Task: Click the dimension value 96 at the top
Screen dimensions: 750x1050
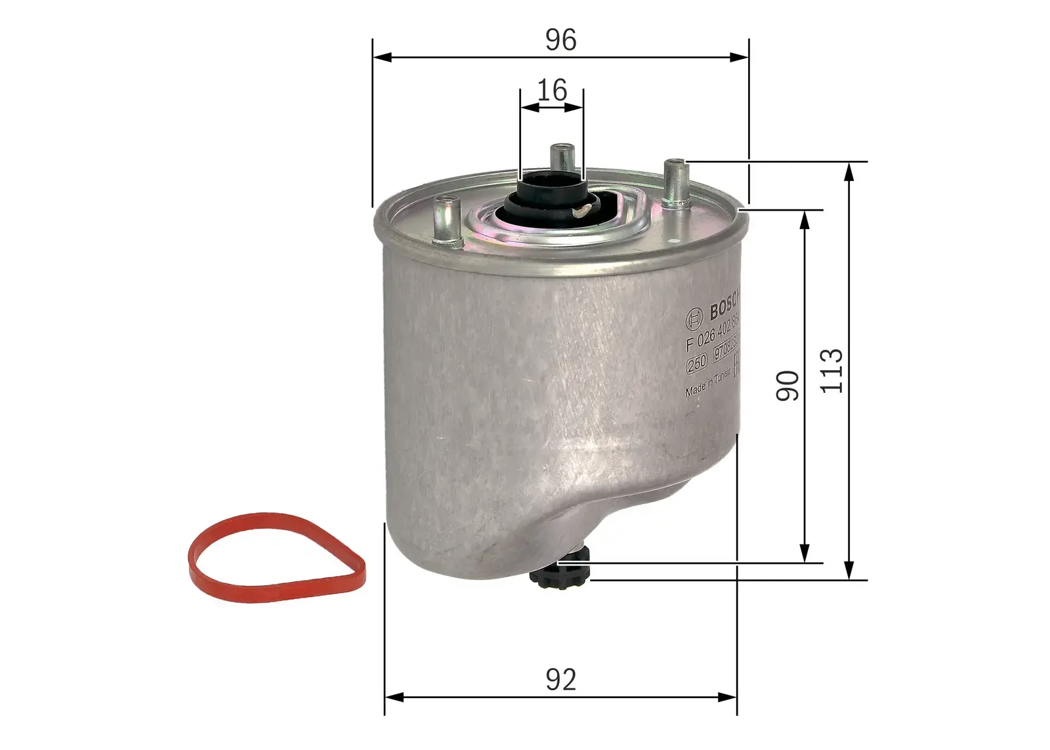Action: [560, 40]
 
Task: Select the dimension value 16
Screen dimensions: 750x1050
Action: [552, 91]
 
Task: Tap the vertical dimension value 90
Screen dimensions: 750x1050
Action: [787, 385]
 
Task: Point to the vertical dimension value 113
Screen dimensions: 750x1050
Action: [831, 371]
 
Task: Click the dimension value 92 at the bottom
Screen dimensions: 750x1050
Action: [560, 680]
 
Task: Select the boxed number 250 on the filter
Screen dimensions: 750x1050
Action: [696, 362]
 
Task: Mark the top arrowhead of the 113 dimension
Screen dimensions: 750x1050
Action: [849, 170]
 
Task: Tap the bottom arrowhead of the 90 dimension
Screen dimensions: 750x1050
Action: [804, 554]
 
